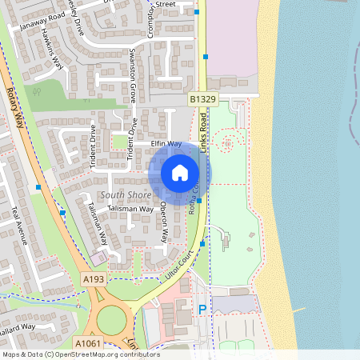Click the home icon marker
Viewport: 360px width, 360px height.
pyautogui.click(x=179, y=172)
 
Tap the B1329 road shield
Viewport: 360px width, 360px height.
pyautogui.click(x=203, y=99)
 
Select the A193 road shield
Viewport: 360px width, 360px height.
pyautogui.click(x=93, y=279)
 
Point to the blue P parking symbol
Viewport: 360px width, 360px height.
pyautogui.click(x=202, y=309)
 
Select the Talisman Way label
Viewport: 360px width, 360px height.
pyautogui.click(x=132, y=209)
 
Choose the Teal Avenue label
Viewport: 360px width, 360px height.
pyautogui.click(x=18, y=225)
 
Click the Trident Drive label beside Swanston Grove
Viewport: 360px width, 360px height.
pyautogui.click(x=133, y=143)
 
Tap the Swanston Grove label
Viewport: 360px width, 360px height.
pyautogui.click(x=134, y=73)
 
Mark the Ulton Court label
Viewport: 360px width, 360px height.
pyautogui.click(x=180, y=263)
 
